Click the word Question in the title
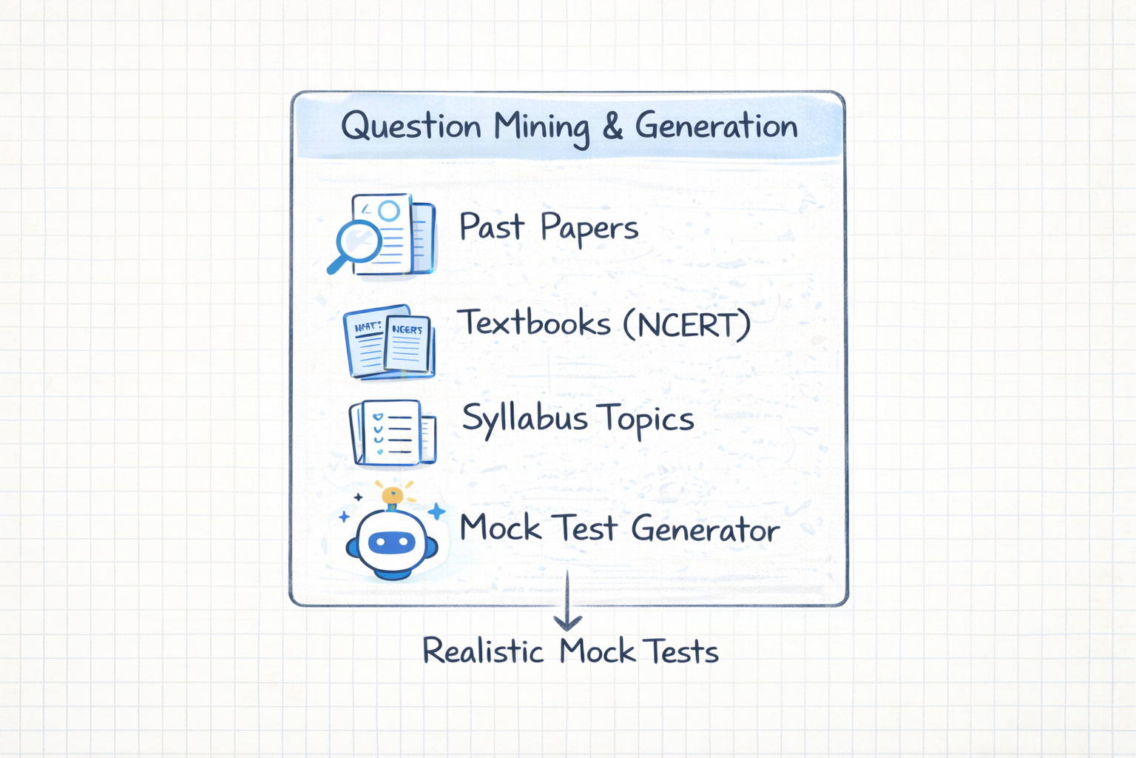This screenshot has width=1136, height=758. click(x=410, y=127)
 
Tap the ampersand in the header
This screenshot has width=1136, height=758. click(x=612, y=126)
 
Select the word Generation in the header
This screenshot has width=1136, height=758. click(x=716, y=126)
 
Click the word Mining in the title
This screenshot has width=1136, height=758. click(x=541, y=127)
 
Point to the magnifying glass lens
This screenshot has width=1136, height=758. click(x=359, y=241)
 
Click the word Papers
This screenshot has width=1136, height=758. click(x=589, y=229)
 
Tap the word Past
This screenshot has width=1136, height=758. click(x=491, y=227)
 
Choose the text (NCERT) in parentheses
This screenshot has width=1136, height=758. click(x=686, y=324)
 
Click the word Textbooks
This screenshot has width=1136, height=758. click(x=534, y=323)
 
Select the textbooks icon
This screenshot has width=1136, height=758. click(x=389, y=342)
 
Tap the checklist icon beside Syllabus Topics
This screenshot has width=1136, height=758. click(x=392, y=433)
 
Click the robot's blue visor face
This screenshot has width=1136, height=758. click(x=391, y=543)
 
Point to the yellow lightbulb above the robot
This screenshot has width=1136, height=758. click(x=392, y=494)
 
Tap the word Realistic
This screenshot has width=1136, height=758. click(x=483, y=651)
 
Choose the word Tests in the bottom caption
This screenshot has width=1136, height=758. click(x=681, y=652)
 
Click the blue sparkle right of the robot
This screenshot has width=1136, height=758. click(x=436, y=511)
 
